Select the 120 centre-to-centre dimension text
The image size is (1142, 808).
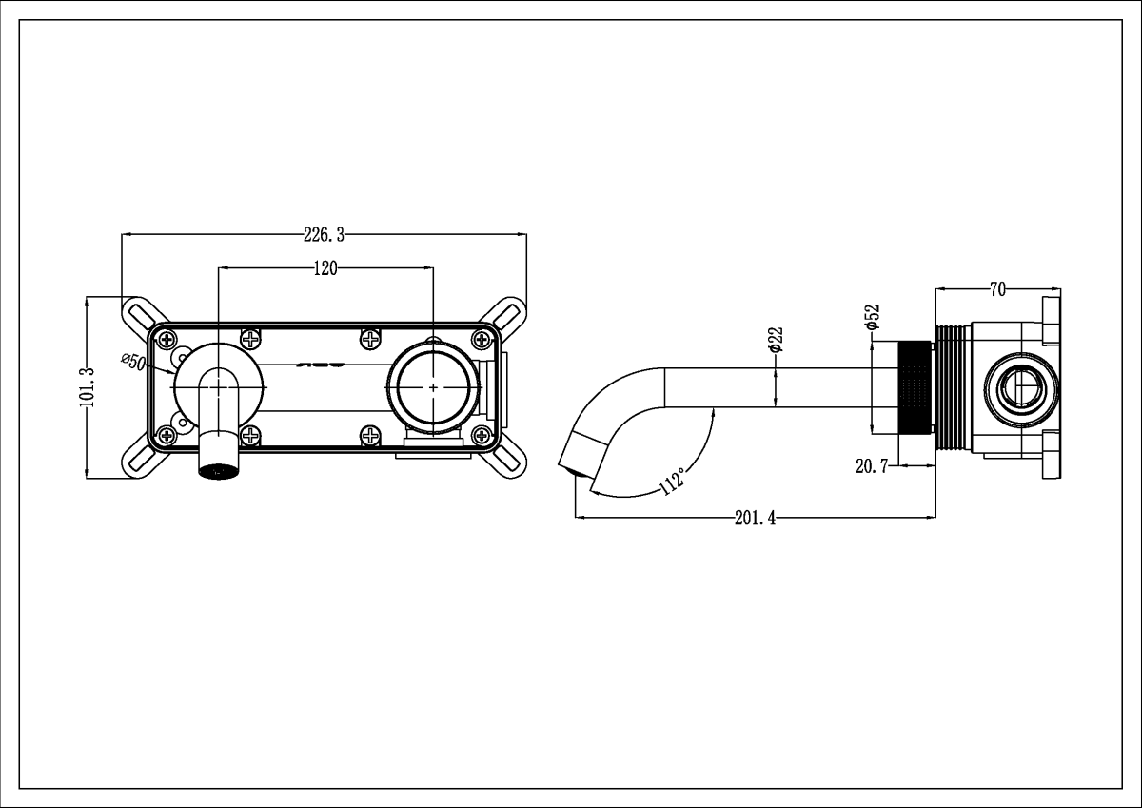325,268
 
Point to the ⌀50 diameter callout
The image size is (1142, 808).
132,363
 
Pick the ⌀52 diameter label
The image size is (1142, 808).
872,317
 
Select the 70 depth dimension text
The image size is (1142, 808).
998,288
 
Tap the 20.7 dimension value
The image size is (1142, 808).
872,465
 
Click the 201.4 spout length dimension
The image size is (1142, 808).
756,519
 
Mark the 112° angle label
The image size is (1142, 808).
672,483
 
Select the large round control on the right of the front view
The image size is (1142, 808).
433,387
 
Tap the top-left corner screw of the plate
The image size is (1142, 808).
167,339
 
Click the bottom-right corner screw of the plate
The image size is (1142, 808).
481,436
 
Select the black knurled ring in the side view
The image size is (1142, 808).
915,387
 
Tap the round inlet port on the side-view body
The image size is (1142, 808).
1021,388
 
